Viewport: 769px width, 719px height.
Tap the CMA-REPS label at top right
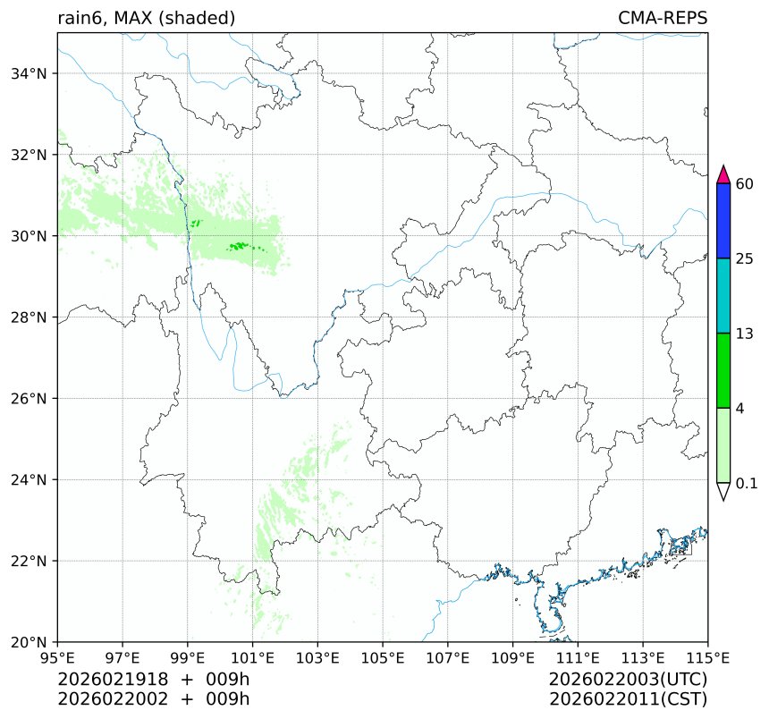663,18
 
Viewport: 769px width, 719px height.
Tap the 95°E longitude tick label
58,659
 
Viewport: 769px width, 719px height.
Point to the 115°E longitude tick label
706,659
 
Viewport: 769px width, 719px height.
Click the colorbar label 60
744,184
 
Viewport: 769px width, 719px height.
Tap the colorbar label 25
744,259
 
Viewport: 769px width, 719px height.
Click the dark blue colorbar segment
724,221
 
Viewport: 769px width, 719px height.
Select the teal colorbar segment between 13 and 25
724,296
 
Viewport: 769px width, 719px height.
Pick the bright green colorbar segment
724,370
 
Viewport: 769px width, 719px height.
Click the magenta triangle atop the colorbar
724,173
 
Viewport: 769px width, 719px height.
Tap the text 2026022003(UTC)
629,680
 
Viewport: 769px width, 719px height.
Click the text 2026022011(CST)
629,698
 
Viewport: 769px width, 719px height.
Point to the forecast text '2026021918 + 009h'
153,680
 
